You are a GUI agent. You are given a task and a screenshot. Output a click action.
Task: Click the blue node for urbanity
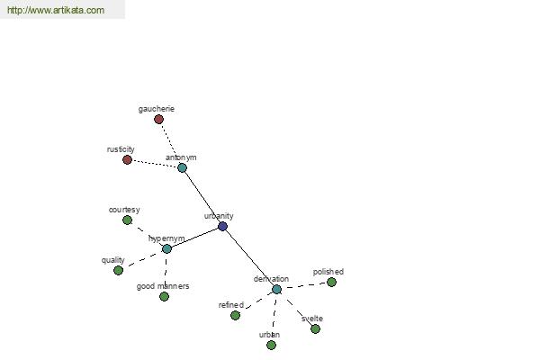tap(223, 226)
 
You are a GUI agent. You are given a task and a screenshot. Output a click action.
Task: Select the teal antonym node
tap(182, 167)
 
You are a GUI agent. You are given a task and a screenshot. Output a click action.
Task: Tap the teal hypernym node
tap(166, 248)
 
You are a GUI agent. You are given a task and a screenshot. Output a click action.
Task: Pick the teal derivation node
tap(277, 290)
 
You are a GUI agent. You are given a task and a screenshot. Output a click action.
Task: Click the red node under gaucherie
tap(158, 120)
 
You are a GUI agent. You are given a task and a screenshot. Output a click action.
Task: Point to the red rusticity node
tap(128, 160)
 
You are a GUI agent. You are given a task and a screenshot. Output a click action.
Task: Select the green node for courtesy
tap(128, 220)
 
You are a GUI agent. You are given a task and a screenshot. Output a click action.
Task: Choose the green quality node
tap(119, 270)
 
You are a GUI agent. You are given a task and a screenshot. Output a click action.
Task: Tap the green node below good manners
tap(165, 297)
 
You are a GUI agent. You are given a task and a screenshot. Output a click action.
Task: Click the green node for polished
tap(331, 282)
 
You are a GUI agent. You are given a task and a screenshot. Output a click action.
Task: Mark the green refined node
tap(235, 315)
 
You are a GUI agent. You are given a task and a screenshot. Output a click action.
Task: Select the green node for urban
tap(272, 345)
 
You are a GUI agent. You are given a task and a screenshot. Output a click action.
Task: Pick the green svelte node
tap(316, 329)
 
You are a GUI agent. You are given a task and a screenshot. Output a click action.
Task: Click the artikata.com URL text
tap(56, 10)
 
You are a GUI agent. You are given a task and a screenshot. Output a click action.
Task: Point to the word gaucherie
tap(157, 109)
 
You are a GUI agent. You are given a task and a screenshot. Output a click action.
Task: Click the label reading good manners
tap(163, 286)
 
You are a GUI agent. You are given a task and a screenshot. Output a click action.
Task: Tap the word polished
tap(328, 272)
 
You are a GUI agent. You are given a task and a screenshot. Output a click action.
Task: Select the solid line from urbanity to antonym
tap(202, 197)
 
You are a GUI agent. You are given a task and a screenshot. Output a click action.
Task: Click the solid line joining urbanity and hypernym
tap(194, 238)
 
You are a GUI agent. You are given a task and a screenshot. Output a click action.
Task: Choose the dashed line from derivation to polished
tap(304, 285)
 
